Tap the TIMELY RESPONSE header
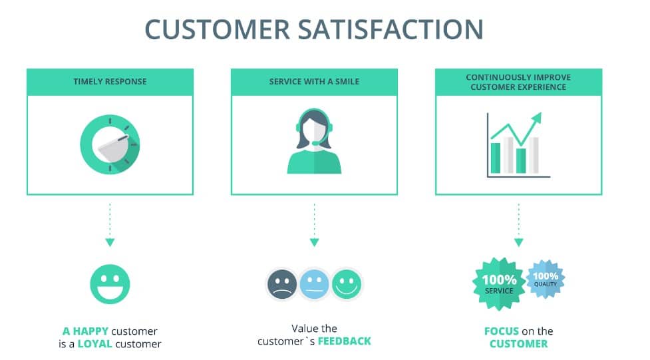pyautogui.click(x=110, y=82)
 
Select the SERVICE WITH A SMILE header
pyautogui.click(x=314, y=82)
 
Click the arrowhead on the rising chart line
pyautogui.click(x=536, y=118)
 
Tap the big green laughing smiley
pyautogui.click(x=110, y=283)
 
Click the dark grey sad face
pyautogui.click(x=282, y=284)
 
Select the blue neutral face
pyautogui.click(x=314, y=284)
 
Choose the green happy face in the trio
pyautogui.click(x=346, y=284)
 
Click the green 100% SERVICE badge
pyautogui.click(x=499, y=284)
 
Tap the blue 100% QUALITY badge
pyautogui.click(x=546, y=277)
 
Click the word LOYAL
pyautogui.click(x=94, y=344)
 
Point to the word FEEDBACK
pyautogui.click(x=344, y=341)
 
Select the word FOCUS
pyautogui.click(x=502, y=331)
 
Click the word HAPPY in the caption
pyautogui.click(x=90, y=331)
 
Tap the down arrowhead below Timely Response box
pyautogui.click(x=110, y=242)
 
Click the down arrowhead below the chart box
pyautogui.click(x=518, y=242)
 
